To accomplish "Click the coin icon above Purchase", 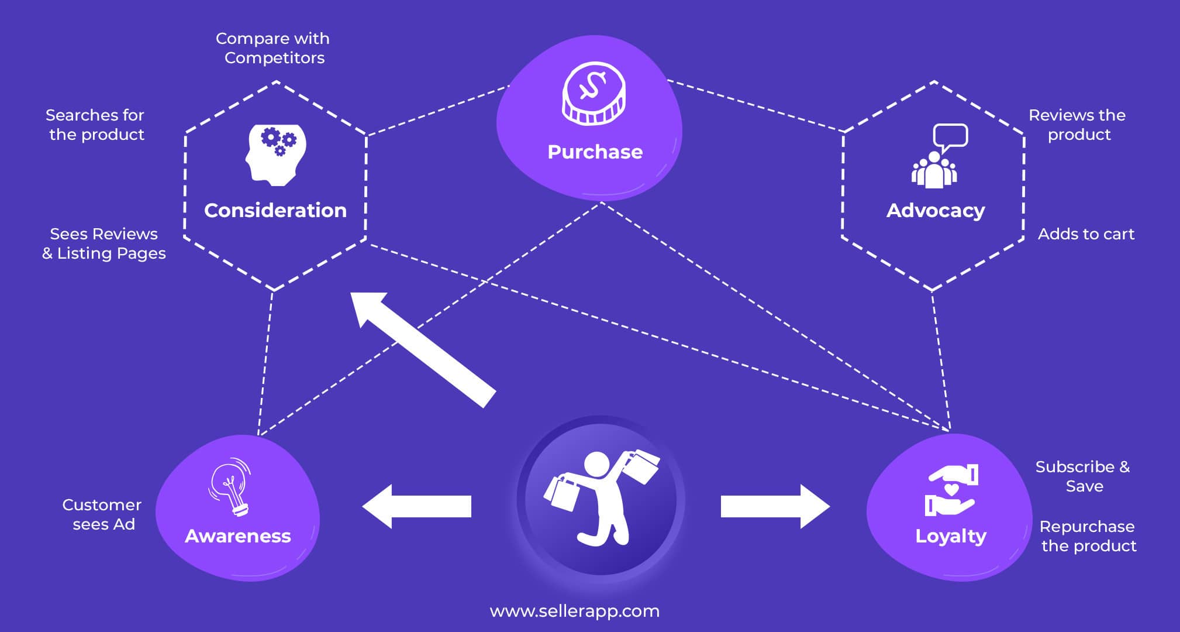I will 594,94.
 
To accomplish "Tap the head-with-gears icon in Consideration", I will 275,154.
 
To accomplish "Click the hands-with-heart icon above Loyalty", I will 951,490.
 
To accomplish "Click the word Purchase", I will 595,152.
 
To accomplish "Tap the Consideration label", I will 275,211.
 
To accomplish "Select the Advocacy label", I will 936,211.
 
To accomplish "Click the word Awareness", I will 237,536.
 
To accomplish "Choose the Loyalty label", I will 951,536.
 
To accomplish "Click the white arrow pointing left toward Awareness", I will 416,506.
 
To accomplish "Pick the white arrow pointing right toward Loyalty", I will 775,506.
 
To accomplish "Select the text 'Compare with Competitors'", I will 273,48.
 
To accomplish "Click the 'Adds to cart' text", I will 1086,234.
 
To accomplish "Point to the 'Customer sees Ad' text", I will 102,514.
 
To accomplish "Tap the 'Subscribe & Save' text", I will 1083,476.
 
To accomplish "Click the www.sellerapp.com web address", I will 574,611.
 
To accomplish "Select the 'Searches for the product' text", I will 95,125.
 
